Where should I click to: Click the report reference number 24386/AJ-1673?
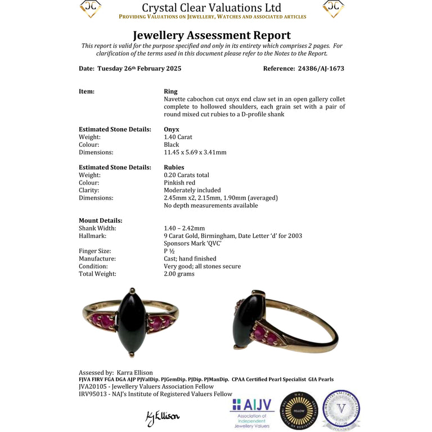click(320, 69)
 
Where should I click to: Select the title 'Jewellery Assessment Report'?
click(211, 35)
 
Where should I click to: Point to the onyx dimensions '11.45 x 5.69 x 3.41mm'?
click(195, 152)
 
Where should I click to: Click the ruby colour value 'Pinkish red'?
click(180, 183)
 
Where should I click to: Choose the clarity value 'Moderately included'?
click(192, 190)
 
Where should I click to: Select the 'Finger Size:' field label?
click(94, 251)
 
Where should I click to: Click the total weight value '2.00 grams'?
click(179, 274)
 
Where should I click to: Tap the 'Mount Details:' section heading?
click(101, 220)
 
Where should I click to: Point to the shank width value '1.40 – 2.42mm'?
click(184, 228)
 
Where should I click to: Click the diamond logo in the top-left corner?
click(91, 8)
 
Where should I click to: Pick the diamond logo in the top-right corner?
click(334, 8)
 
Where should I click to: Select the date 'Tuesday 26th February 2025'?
click(139, 69)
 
